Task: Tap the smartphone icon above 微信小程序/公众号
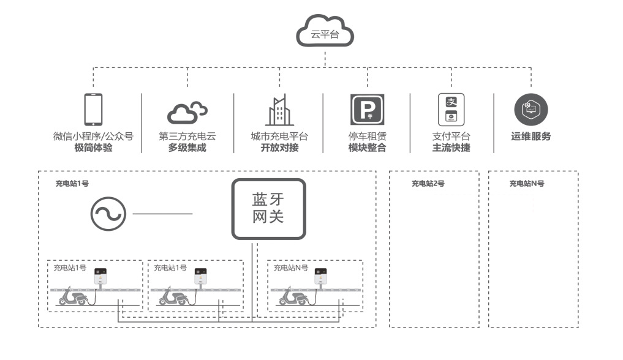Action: pos(92,110)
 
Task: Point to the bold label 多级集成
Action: pos(187,148)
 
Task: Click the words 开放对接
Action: pos(279,148)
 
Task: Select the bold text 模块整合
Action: pos(368,148)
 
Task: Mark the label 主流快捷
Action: pos(451,148)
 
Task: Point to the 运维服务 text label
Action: pos(530,137)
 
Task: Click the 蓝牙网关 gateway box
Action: pos(268,209)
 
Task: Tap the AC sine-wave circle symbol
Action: pos(108,214)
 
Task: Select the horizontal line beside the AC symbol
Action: pos(162,214)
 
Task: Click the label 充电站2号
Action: pos(428,184)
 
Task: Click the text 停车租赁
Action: pos(368,136)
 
